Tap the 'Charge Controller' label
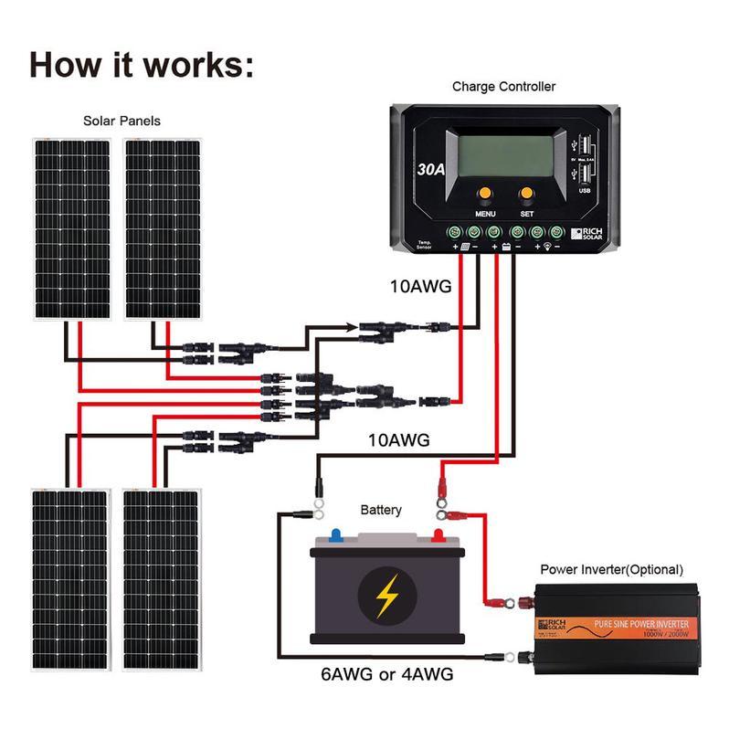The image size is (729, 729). (503, 87)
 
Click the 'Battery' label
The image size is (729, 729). (381, 510)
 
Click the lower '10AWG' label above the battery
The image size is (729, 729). (399, 440)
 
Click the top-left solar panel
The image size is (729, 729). (72, 228)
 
